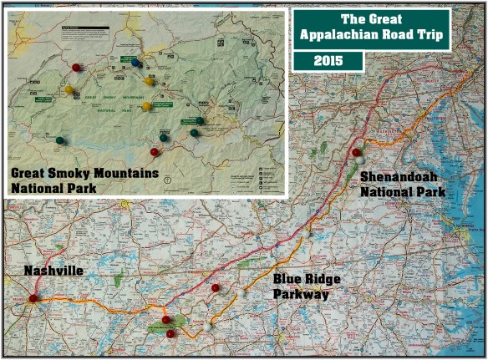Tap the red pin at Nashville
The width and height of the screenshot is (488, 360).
(33, 297)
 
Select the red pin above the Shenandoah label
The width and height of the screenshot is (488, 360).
(357, 152)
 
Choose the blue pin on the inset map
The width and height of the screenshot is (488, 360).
(135, 62)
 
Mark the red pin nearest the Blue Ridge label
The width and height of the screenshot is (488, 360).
(216, 288)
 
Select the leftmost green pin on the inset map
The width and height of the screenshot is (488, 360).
(59, 139)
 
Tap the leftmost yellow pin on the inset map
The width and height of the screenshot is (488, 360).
(69, 89)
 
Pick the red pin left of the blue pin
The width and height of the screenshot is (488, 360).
(76, 67)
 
